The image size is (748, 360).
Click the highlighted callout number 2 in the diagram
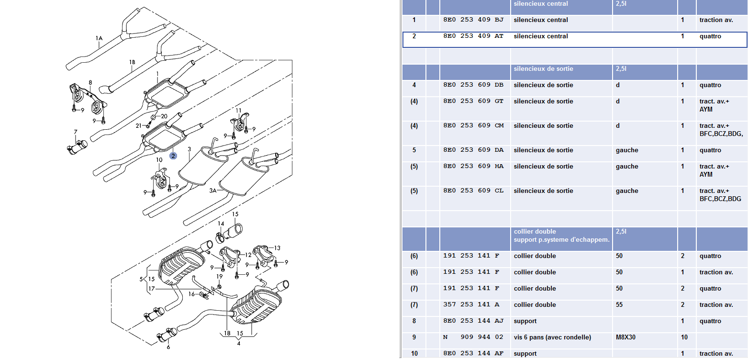(173, 156)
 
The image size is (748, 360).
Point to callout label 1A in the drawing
(99, 38)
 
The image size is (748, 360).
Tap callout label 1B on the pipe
(132, 62)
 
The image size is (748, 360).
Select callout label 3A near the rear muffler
(213, 190)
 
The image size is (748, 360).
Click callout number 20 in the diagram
(164, 116)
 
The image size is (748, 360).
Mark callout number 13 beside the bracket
(277, 248)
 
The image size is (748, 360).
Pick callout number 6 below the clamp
(168, 347)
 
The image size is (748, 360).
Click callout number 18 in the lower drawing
(227, 333)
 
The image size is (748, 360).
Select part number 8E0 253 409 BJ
(473, 20)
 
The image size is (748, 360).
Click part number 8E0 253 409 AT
(473, 36)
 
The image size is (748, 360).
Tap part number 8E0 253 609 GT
(473, 101)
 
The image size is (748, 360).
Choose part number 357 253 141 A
(471, 305)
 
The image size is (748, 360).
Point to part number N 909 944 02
(473, 337)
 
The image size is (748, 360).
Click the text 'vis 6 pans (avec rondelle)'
(552, 337)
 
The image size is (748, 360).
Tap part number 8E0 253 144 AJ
(473, 321)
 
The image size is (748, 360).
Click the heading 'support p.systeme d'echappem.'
(562, 239)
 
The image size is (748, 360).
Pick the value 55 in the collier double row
(619, 305)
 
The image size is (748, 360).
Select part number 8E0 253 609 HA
(473, 167)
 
